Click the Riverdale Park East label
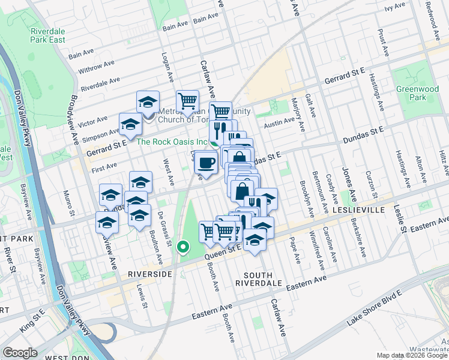point(48,35)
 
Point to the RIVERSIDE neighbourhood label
point(149,274)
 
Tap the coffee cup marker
point(206,163)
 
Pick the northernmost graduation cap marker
point(148,102)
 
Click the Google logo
point(20,353)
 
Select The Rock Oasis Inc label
point(172,142)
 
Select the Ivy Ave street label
point(395,7)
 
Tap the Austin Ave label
point(280,123)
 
